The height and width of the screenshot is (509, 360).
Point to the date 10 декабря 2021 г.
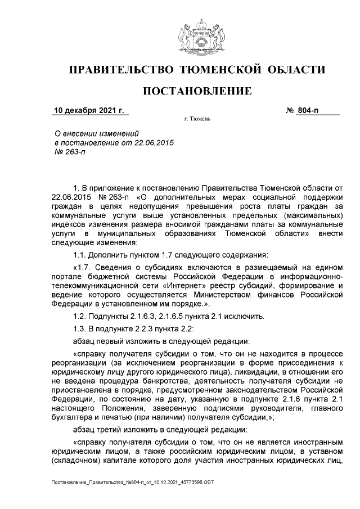tap(89, 110)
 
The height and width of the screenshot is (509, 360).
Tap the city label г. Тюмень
tap(197, 120)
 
